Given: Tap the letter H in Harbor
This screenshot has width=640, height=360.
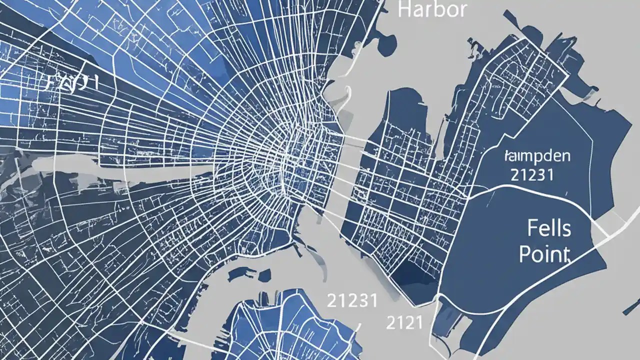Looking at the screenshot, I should click(x=403, y=9).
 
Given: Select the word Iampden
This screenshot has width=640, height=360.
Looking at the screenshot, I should click(x=537, y=155).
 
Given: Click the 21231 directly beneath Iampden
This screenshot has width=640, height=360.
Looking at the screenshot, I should click(x=532, y=174).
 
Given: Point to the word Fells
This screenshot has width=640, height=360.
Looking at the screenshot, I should click(x=548, y=229).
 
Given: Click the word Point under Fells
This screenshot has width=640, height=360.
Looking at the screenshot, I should click(x=544, y=254).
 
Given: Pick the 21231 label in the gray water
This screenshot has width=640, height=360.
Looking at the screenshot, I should click(x=351, y=301).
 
